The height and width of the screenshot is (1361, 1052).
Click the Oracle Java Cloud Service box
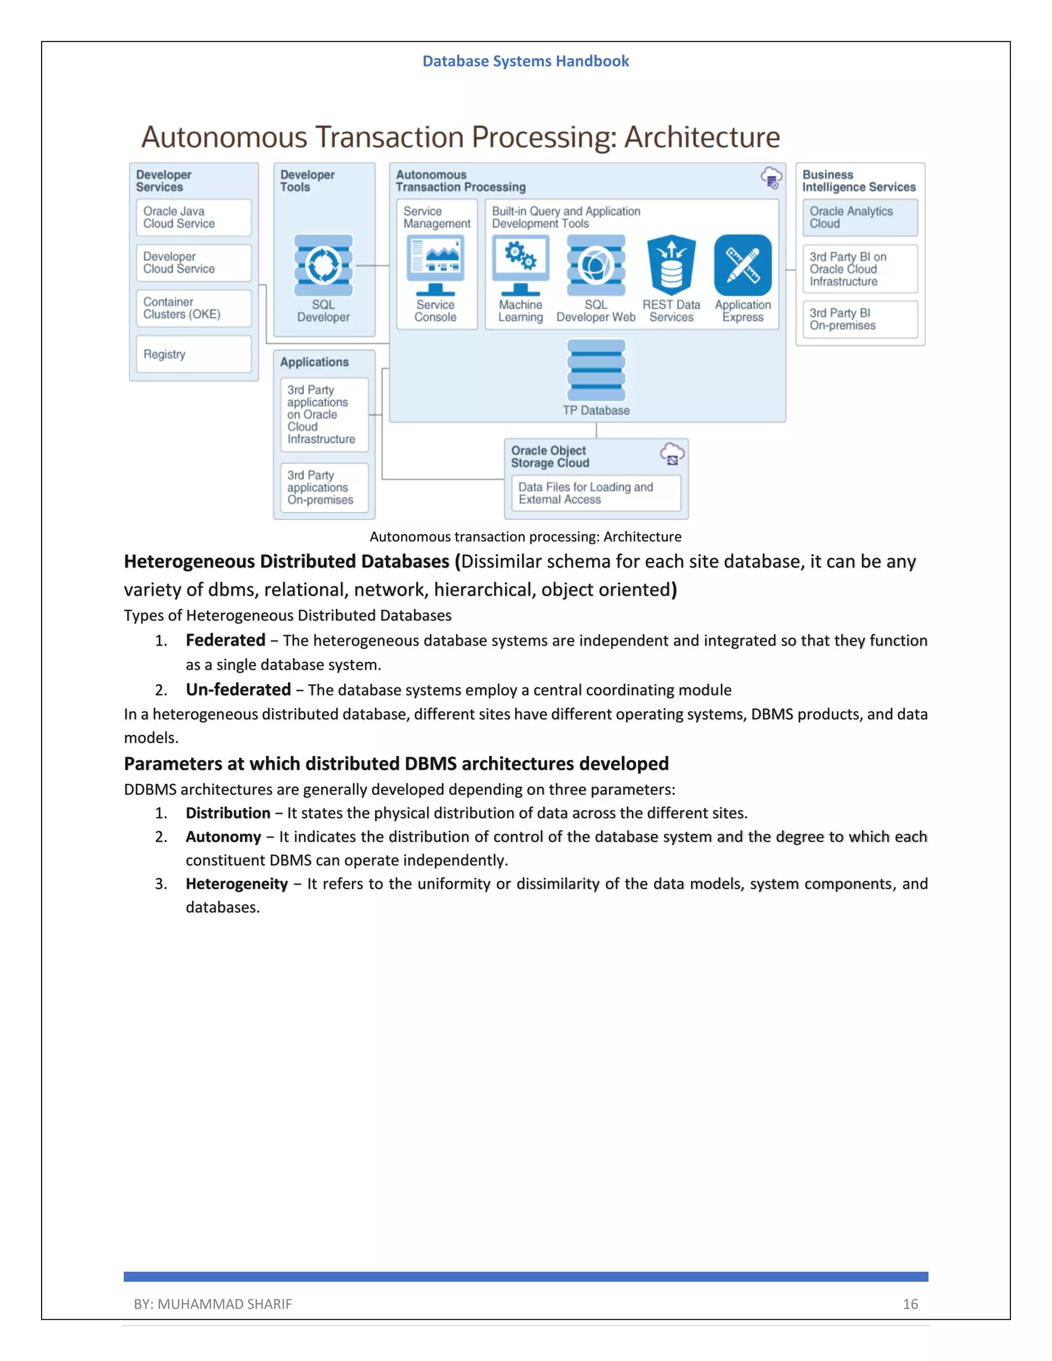pos(193,217)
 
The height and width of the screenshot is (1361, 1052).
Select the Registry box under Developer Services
pos(193,354)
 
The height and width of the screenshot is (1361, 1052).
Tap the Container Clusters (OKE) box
pos(193,308)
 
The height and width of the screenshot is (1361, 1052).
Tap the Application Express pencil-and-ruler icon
pos(742,265)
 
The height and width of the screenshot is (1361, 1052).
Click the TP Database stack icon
pos(596,370)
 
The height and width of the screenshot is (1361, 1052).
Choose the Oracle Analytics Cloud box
pos(859,217)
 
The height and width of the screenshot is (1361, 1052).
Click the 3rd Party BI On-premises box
pos(859,319)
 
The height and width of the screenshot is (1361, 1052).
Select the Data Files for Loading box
pos(595,493)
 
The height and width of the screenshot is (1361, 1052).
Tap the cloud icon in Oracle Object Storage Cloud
pos(672,453)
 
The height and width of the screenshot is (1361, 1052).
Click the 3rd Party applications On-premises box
pos(324,487)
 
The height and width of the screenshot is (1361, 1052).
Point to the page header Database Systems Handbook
pos(525,61)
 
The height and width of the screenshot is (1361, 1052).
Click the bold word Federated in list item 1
pos(225,640)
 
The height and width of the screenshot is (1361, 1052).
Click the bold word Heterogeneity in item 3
pos(236,884)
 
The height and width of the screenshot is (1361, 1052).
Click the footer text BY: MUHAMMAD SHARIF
pos(213,1303)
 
